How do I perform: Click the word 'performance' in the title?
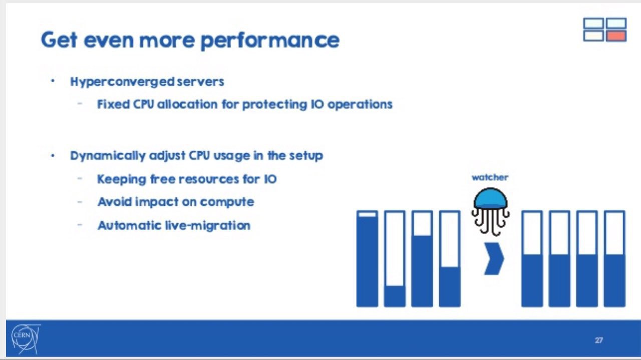click(x=270, y=41)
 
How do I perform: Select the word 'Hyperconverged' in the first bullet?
click(x=123, y=82)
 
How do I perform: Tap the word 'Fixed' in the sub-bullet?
click(x=113, y=104)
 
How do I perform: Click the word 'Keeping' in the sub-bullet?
click(x=122, y=180)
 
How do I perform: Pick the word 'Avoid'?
click(x=114, y=202)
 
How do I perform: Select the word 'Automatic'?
click(x=129, y=225)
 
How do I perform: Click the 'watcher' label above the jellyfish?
click(x=490, y=177)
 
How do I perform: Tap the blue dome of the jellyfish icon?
click(x=491, y=198)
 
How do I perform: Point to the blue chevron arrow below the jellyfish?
click(x=494, y=259)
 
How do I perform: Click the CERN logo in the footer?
click(x=25, y=339)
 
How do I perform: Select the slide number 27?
click(x=599, y=340)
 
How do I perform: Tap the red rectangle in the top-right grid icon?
click(x=616, y=36)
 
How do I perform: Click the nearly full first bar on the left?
click(x=367, y=259)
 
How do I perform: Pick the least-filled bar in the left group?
click(x=395, y=259)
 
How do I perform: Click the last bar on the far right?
click(x=614, y=259)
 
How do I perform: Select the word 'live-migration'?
click(x=208, y=225)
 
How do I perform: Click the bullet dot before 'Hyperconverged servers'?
click(x=53, y=81)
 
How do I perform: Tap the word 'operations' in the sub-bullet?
click(x=360, y=105)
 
